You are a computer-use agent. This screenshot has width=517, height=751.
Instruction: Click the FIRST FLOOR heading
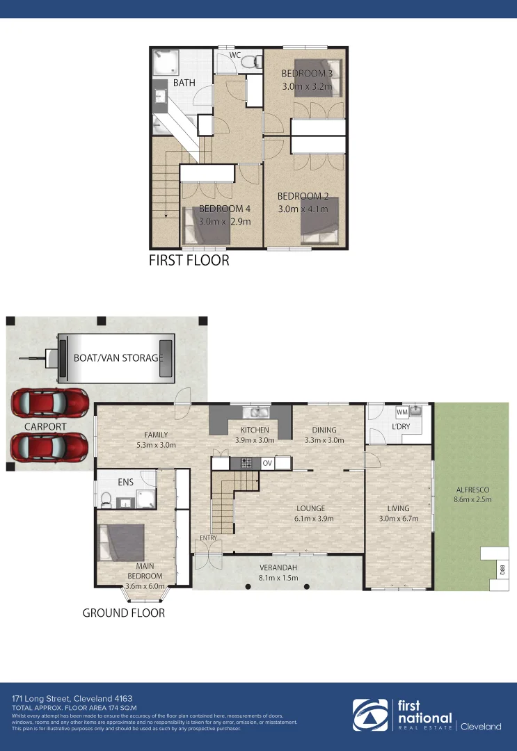189,261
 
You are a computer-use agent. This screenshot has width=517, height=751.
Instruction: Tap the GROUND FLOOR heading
124,613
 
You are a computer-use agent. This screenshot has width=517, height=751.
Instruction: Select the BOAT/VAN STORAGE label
118,358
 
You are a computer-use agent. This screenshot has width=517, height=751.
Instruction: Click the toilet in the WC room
249,62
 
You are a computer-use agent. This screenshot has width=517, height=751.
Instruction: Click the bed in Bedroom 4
206,227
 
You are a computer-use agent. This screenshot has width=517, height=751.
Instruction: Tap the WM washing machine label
401,412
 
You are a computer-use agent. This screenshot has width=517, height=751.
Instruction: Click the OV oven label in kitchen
268,463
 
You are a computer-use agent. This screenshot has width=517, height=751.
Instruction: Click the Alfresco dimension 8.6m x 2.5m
473,499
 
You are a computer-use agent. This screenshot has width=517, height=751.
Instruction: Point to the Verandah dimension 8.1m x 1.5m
278,576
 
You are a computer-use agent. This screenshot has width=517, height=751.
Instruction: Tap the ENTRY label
208,538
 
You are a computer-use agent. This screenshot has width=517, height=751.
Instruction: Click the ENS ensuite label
126,481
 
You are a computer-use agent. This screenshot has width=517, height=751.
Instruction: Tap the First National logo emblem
371,716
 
